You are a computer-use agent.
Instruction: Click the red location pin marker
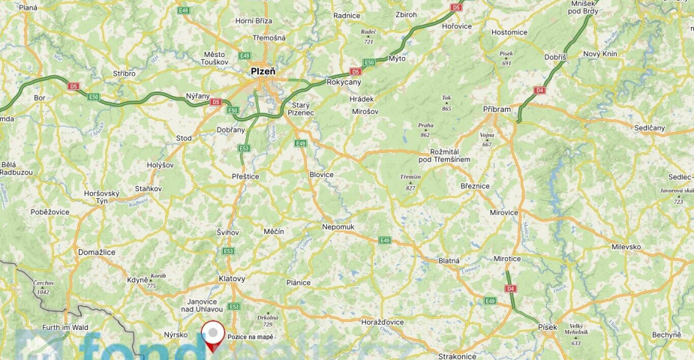click(x=214, y=334)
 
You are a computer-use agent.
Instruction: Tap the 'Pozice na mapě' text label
click(x=250, y=337)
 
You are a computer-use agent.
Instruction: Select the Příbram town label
click(x=496, y=109)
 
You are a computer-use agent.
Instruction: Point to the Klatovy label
click(x=232, y=278)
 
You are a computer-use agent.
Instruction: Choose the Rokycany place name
click(x=344, y=82)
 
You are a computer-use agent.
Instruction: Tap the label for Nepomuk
click(x=338, y=226)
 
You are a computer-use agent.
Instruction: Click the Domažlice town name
click(x=97, y=252)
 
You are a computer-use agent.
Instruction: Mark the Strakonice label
click(x=458, y=355)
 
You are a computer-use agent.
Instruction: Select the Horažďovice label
click(x=383, y=321)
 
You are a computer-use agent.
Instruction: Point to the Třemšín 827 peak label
click(x=410, y=181)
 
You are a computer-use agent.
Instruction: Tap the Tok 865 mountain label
click(x=446, y=103)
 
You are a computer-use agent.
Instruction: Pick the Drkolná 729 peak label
click(x=268, y=319)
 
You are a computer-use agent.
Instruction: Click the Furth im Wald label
click(x=65, y=327)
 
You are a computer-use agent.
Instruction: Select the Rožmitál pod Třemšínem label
click(x=445, y=155)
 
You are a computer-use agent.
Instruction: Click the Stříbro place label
click(x=124, y=73)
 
